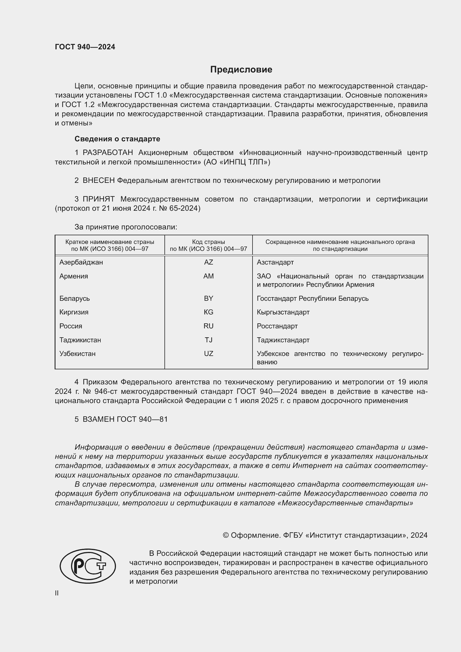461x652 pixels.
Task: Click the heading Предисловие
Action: pos(241,69)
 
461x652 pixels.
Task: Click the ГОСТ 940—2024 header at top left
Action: pos(85,47)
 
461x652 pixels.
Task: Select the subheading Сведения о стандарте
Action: pos(117,139)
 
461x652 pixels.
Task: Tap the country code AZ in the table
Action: pos(208,262)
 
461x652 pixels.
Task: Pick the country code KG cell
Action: pos(208,312)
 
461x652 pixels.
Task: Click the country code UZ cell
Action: pos(208,353)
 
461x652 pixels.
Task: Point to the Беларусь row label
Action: pos(74,299)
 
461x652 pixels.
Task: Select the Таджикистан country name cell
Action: pos(80,340)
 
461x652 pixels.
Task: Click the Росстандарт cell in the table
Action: pos(277,326)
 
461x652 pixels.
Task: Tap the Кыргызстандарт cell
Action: pos(283,312)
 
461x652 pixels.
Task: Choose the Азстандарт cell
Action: pos(275,262)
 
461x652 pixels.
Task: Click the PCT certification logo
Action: pos(88,566)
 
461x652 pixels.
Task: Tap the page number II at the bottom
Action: pos(57,593)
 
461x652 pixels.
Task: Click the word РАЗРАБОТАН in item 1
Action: pos(108,153)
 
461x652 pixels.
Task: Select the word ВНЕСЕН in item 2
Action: pos(98,181)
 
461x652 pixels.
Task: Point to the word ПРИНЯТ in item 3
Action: pos(98,199)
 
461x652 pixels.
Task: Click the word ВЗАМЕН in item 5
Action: pos(98,419)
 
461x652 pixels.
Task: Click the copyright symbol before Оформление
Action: pos(226,535)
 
